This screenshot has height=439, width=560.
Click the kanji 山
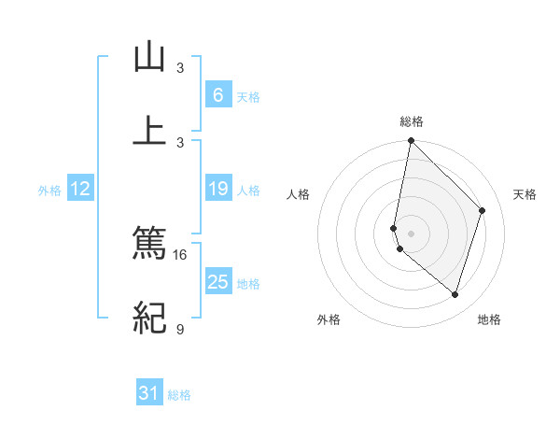(149, 57)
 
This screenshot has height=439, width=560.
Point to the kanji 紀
(149, 319)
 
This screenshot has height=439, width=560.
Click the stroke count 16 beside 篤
(180, 254)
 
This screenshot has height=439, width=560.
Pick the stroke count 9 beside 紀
(180, 329)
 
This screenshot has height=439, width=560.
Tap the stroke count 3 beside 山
(180, 68)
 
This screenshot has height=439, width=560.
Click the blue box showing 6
(217, 95)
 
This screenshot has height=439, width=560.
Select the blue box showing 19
(217, 190)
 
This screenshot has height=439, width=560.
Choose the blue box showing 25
(217, 282)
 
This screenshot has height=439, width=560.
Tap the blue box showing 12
(80, 190)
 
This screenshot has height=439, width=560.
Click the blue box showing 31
(149, 394)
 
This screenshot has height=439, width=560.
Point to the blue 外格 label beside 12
(49, 191)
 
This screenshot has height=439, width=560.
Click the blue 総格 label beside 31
(179, 395)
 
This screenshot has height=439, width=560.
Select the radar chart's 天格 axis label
(525, 194)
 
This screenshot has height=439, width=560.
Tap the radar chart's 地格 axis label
(489, 319)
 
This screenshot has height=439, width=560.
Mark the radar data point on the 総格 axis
(411, 141)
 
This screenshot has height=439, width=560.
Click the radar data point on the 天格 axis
(483, 210)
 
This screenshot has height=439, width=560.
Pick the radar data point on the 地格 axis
(455, 294)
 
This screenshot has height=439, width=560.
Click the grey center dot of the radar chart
(411, 233)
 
